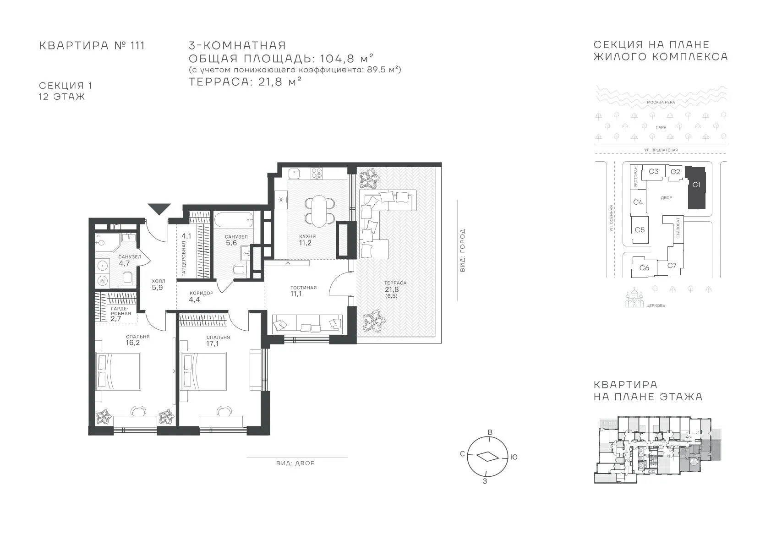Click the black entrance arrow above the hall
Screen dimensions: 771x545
click(x=159, y=208)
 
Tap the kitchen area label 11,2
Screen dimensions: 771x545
click(x=305, y=243)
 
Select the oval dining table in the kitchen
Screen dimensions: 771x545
click(x=319, y=211)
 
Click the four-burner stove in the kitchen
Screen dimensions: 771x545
click(x=316, y=173)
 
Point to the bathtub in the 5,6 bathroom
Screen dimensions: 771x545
click(x=233, y=219)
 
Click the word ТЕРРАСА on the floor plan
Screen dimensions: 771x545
click(x=395, y=283)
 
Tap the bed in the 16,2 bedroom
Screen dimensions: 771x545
click(x=118, y=371)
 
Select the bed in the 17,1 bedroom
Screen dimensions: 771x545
click(x=203, y=371)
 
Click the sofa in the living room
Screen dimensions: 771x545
click(x=307, y=324)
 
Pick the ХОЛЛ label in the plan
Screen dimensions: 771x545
click(x=159, y=281)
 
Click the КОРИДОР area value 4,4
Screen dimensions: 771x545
click(x=194, y=300)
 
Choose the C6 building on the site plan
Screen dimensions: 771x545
click(x=644, y=267)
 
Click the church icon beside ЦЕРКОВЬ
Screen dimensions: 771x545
click(x=634, y=298)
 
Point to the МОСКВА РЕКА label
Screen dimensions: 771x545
click(x=661, y=102)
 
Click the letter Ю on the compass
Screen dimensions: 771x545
click(x=514, y=457)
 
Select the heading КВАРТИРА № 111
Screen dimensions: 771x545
click(x=92, y=46)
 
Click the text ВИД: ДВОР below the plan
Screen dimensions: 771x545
click(x=295, y=463)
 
